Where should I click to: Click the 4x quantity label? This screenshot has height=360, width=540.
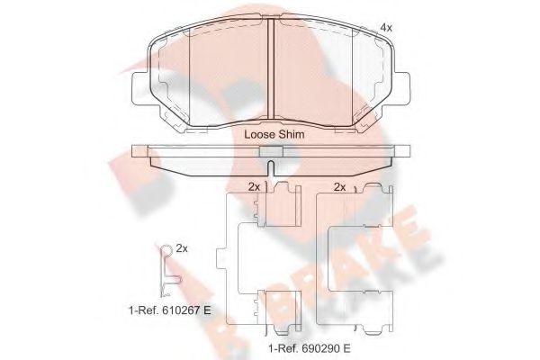pos(387,29)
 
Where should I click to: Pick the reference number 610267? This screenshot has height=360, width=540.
pos(179,310)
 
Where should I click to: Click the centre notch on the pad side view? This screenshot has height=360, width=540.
pos(271,155)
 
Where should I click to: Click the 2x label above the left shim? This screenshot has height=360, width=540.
pos(254,187)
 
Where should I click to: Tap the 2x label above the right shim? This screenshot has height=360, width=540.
pos(340,187)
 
